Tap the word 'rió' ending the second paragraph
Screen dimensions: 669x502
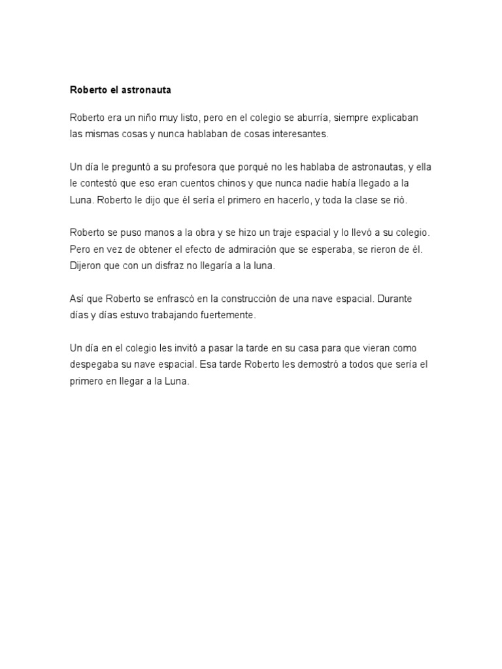pyautogui.click(x=399, y=200)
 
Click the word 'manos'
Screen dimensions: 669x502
pyautogui.click(x=150, y=233)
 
